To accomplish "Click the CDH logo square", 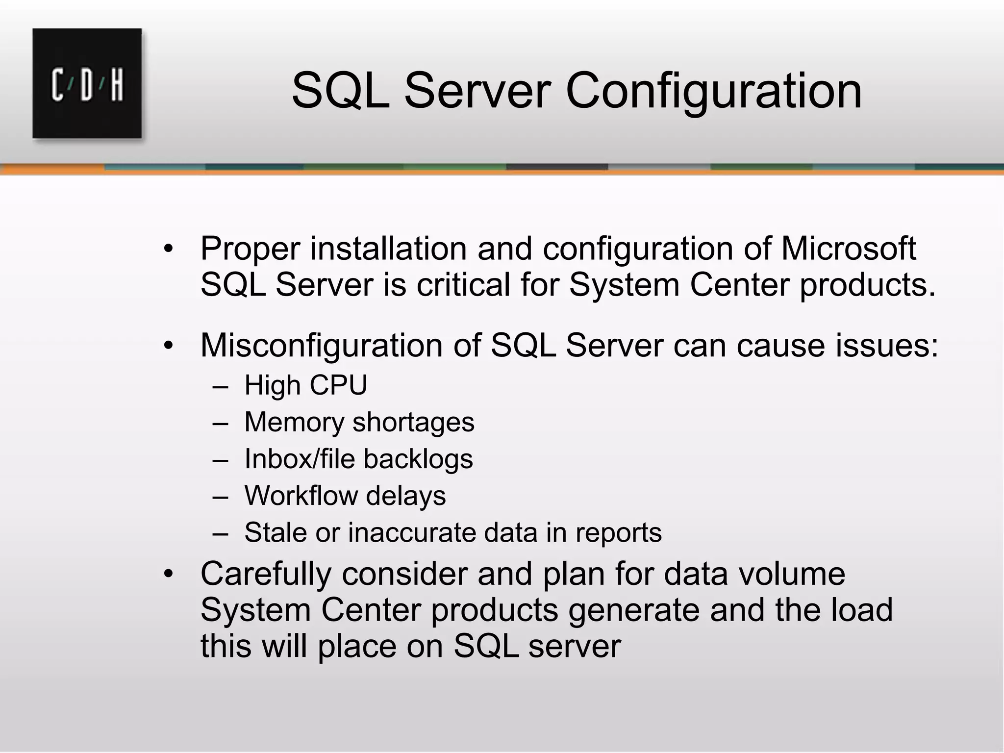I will click(x=87, y=83).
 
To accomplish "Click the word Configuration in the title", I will click(x=713, y=91).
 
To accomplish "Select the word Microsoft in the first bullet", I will click(x=848, y=248).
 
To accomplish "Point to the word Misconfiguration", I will click(x=322, y=345).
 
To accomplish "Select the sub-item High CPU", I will click(x=306, y=385).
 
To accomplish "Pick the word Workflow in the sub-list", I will click(x=300, y=496).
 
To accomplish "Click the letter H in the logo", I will click(x=116, y=86).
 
